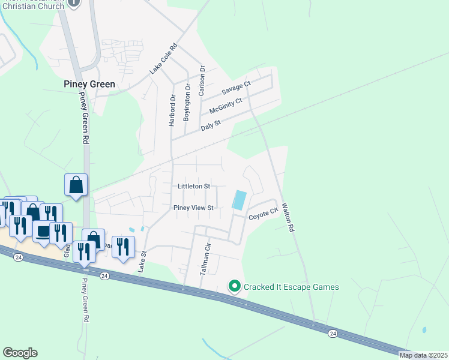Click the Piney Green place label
89,85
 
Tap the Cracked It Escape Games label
291,287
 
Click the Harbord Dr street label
173,110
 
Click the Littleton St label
193,187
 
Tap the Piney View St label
193,208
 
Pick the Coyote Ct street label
264,213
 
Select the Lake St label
143,262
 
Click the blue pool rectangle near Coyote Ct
240,200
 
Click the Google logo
20,353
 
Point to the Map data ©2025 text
423,355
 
